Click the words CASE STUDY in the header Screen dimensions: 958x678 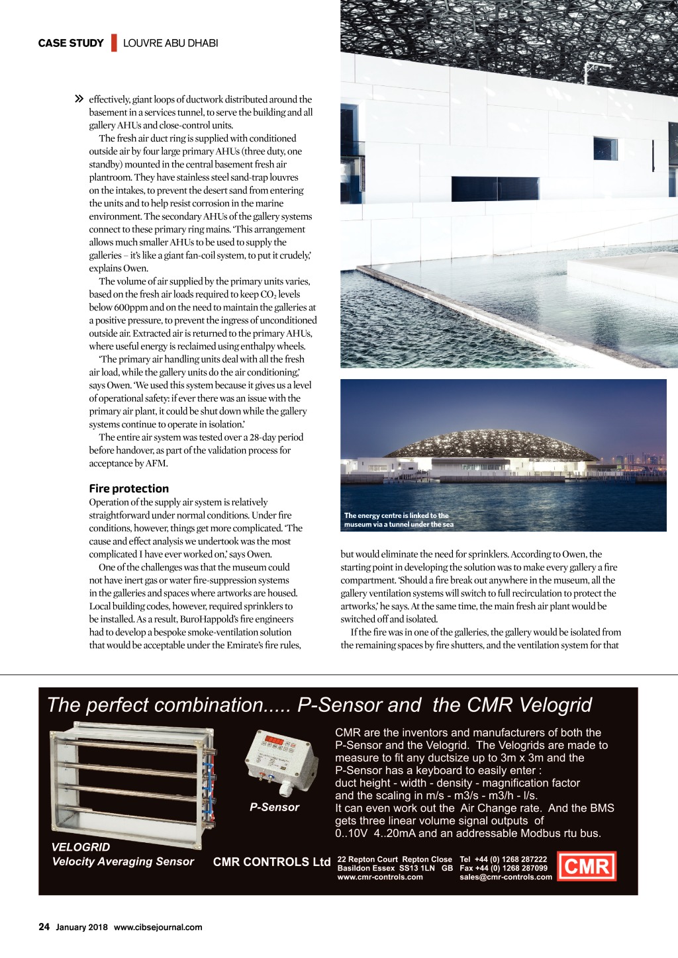[71, 43]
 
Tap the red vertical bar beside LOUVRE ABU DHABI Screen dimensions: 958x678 [114, 43]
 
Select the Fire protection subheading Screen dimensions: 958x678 [129, 488]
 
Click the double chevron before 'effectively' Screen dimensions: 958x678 [79, 99]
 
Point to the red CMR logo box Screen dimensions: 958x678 [587, 866]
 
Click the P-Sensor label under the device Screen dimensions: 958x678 [274, 807]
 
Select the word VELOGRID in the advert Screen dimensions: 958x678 [81, 847]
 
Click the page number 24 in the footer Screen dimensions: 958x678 [44, 927]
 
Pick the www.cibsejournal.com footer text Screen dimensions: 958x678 [158, 927]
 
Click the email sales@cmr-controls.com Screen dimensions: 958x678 [506, 877]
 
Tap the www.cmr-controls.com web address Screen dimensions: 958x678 [380, 877]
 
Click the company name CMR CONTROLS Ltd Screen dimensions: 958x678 [271, 861]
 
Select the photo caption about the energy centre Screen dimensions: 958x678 [399, 520]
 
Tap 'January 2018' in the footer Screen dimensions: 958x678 [81, 927]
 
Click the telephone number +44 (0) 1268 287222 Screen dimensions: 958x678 [510, 859]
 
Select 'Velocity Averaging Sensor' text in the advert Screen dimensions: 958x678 [123, 861]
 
